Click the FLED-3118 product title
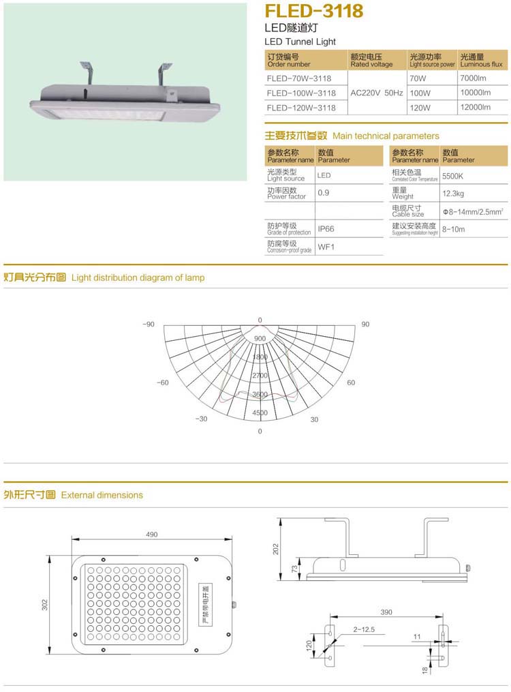pos(313,12)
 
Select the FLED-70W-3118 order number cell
pos(299,78)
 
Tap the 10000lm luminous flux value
pos(476,93)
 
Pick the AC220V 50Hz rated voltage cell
pos(377,93)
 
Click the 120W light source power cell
pos(420,108)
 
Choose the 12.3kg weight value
pos(453,194)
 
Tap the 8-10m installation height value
pos(453,230)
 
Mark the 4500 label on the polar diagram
pos(260,413)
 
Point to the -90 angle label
pos(149,325)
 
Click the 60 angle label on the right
pos(351,383)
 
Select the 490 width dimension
pos(151,535)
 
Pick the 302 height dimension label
pos(45,605)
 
